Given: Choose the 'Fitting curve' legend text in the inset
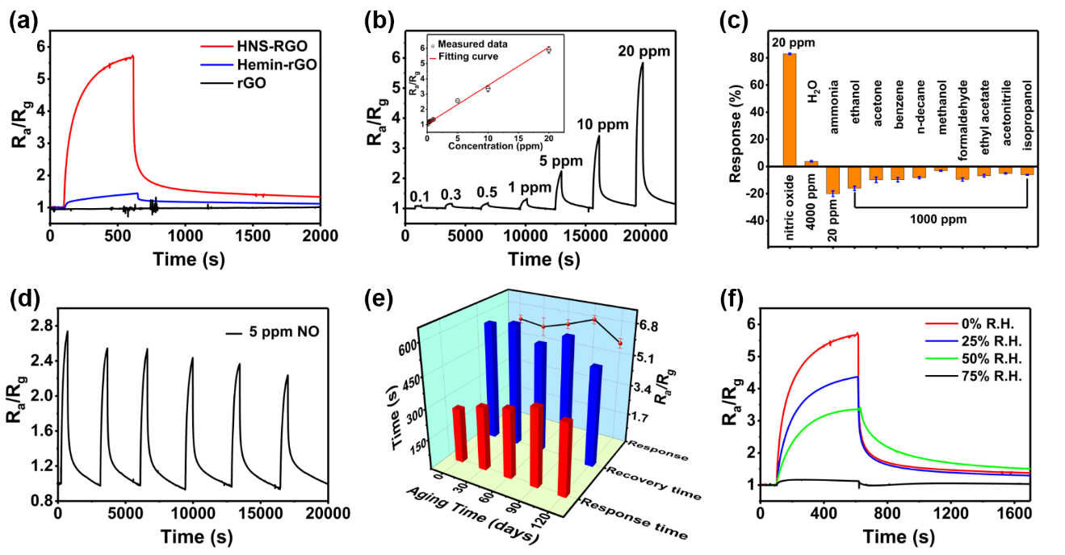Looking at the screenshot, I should pyautogui.click(x=468, y=56).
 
